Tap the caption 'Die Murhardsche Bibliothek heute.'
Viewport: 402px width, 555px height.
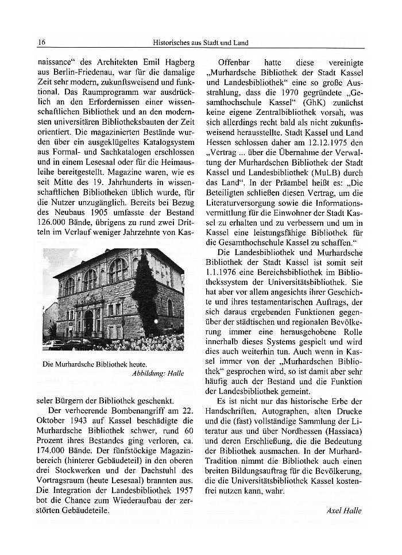(95, 364)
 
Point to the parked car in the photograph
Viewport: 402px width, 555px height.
(55, 345)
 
